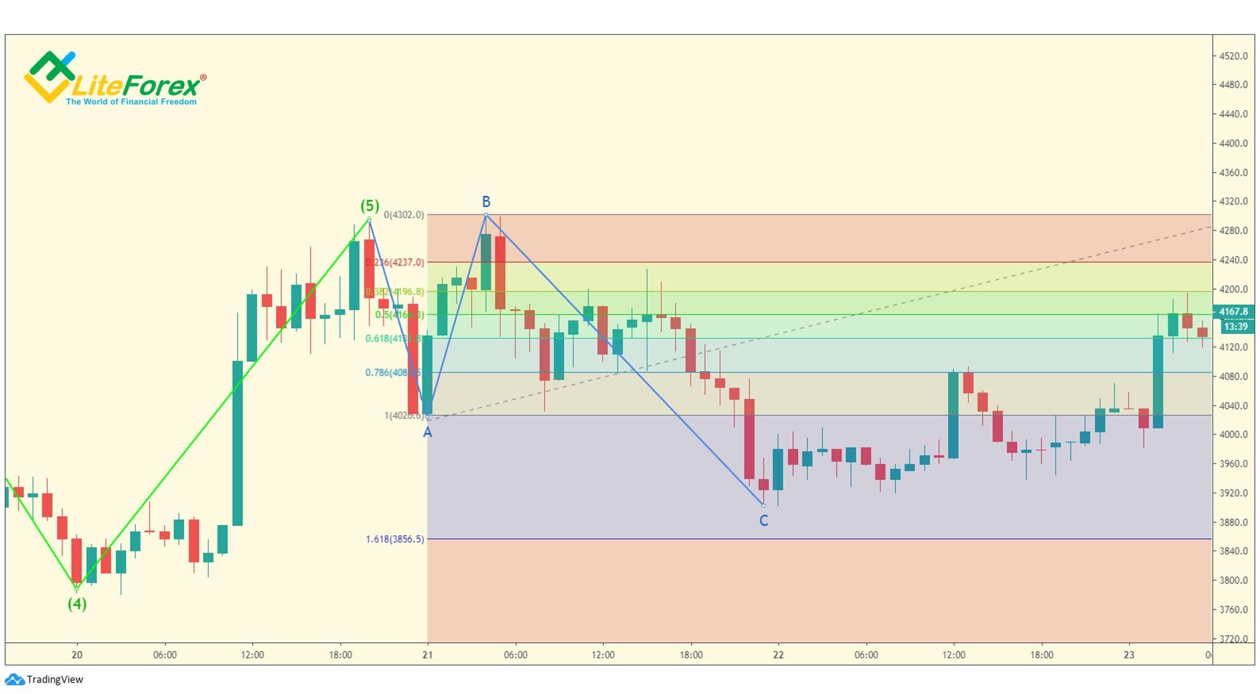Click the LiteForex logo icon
(x=50, y=76)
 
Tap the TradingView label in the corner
(x=54, y=679)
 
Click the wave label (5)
(x=370, y=206)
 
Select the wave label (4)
(x=77, y=604)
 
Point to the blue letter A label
(x=428, y=433)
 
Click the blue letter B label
(x=486, y=202)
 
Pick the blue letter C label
(x=763, y=520)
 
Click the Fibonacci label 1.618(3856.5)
(x=395, y=539)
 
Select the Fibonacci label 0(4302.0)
(x=404, y=215)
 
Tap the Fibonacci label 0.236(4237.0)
(x=395, y=262)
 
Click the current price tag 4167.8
(x=1233, y=311)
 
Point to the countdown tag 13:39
(x=1236, y=326)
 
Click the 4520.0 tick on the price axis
(x=1233, y=56)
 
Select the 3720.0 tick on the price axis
(x=1233, y=639)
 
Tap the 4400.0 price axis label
(x=1233, y=143)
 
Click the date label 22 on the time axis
(x=778, y=655)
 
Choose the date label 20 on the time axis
(x=77, y=655)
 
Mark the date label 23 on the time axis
(x=1128, y=655)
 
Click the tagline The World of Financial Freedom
(x=131, y=102)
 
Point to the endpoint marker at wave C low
(x=763, y=505)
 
